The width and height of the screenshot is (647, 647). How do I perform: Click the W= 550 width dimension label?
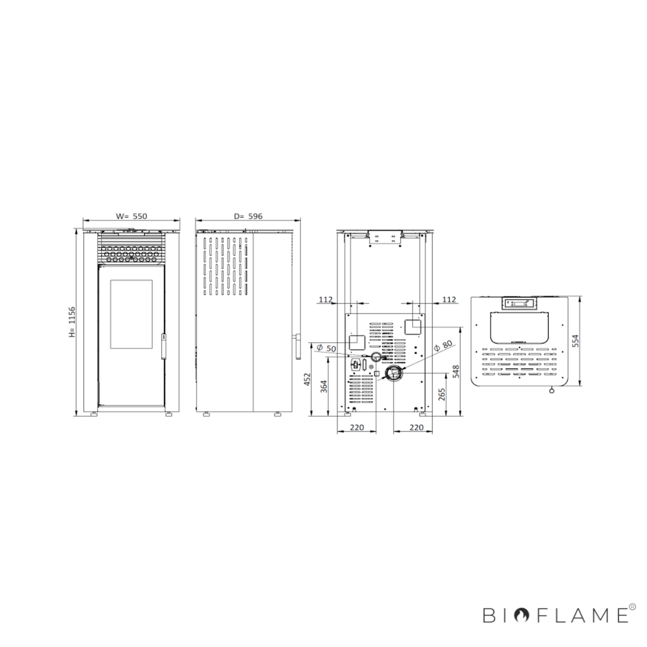[x=131, y=216]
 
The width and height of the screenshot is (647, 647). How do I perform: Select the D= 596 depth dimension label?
[x=248, y=216]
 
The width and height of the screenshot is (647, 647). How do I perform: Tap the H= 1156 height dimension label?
[x=72, y=322]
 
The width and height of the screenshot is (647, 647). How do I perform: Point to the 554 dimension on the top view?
[x=576, y=341]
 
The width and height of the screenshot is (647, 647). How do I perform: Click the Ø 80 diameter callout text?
[x=443, y=346]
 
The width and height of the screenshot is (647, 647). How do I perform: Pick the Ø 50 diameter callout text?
[x=326, y=348]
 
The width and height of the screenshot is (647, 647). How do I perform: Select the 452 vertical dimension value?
[x=307, y=379]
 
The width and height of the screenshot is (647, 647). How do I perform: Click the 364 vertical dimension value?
[x=323, y=387]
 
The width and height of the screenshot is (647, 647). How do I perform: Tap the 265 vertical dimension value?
[x=442, y=395]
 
